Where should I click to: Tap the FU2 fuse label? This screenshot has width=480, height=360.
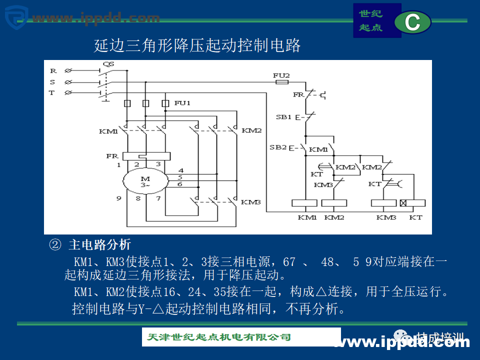[x=281, y=75]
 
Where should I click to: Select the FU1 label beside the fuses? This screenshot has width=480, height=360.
[x=182, y=103]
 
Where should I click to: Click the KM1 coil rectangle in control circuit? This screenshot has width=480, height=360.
[x=304, y=203]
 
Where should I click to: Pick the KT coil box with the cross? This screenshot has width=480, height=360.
[x=412, y=203]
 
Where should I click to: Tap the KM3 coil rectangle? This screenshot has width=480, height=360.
[x=383, y=203]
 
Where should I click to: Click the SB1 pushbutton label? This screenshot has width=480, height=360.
[x=283, y=117]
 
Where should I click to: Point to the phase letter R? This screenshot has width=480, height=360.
[x=52, y=71]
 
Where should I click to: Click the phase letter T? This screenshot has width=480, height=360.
[x=51, y=92]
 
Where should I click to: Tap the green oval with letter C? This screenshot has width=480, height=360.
[x=412, y=23]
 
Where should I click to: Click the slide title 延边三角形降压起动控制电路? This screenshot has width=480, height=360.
[x=197, y=46]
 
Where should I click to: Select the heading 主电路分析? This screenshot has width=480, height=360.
[x=99, y=244]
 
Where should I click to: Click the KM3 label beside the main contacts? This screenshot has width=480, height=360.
[x=251, y=202]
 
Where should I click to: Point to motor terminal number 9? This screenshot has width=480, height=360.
[x=119, y=198]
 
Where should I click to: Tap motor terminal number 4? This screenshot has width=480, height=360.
[x=180, y=170]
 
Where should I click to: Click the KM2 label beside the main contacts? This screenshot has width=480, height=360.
[x=251, y=130]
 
